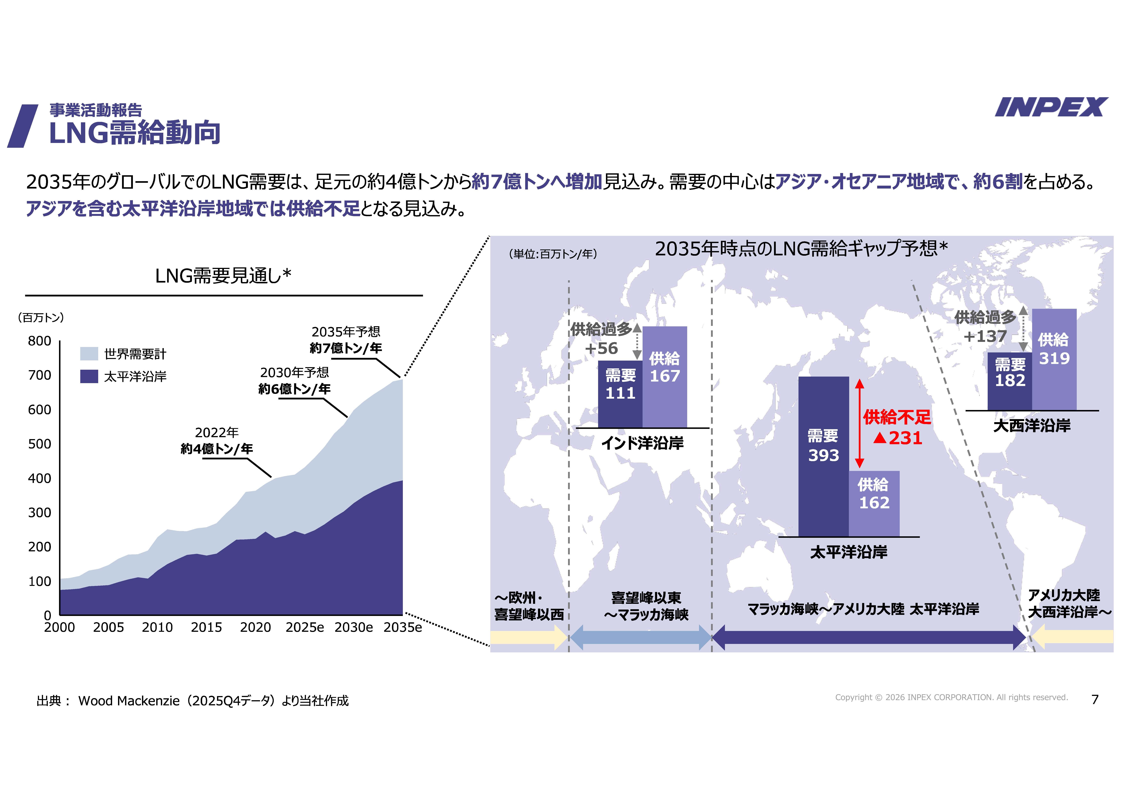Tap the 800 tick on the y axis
(x=40, y=341)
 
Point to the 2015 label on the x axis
(x=206, y=627)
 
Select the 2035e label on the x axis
(x=402, y=627)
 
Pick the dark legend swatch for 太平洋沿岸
(x=89, y=376)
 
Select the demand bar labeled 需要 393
(x=823, y=456)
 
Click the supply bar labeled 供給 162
(x=874, y=503)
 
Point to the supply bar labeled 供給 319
(x=1054, y=359)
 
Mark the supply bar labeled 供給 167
(x=665, y=376)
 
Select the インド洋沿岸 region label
(x=642, y=443)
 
